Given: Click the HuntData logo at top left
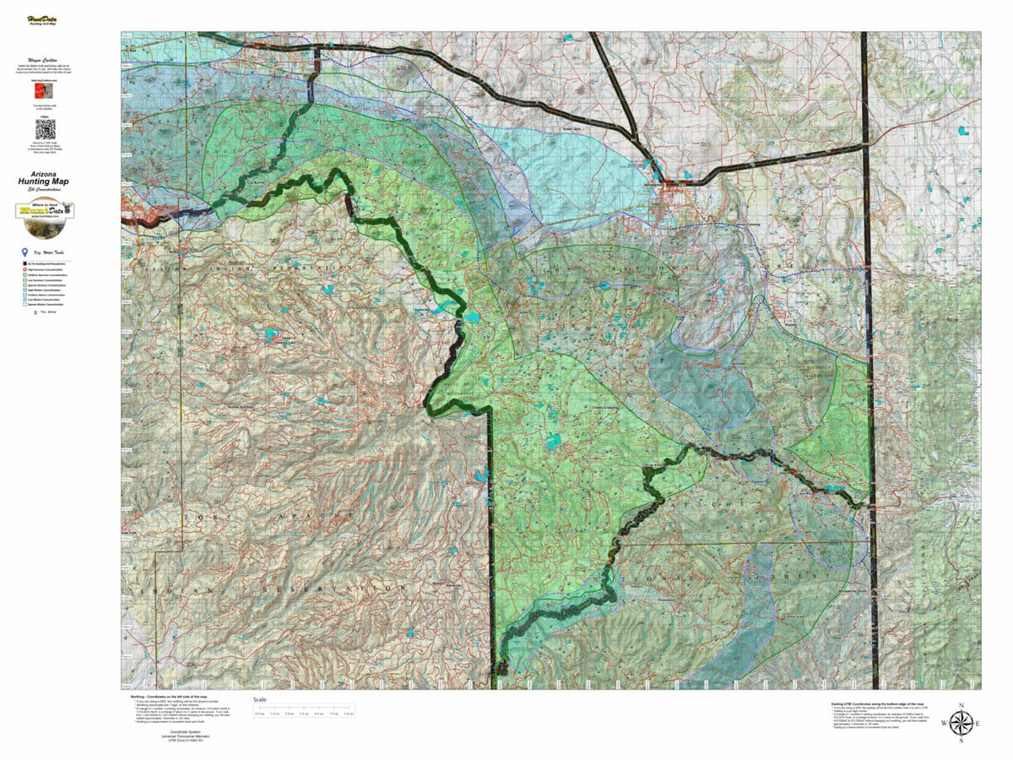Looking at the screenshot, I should (x=45, y=19).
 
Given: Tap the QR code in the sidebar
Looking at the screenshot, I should (x=45, y=129).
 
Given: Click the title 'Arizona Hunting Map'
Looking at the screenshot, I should (x=45, y=178).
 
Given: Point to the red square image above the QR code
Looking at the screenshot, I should (x=45, y=90).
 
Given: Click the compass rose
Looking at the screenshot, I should (x=960, y=724).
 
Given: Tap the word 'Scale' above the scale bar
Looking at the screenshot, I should (x=260, y=700).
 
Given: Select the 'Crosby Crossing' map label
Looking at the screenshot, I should (x=604, y=406).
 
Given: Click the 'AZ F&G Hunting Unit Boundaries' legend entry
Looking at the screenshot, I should (x=49, y=264).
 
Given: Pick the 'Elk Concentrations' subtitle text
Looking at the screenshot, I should (x=45, y=190).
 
